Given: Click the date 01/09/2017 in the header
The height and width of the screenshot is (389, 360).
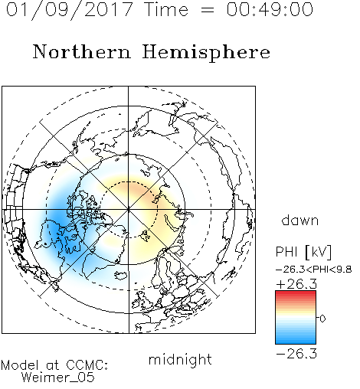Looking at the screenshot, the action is (x=70, y=9).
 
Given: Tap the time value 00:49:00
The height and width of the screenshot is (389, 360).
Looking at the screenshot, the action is (x=270, y=9).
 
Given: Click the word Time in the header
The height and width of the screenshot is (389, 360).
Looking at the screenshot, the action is (x=166, y=9).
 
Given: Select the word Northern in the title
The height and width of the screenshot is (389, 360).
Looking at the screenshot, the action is (x=82, y=51).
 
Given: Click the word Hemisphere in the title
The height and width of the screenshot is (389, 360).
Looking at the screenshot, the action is (x=206, y=53).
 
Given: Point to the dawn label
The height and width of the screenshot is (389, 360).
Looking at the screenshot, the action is (x=300, y=220).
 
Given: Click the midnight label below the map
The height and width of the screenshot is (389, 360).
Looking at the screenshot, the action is (x=180, y=360).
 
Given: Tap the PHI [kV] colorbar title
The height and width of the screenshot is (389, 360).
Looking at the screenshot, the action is (x=303, y=252).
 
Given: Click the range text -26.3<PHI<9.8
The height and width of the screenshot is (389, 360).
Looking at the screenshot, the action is (x=314, y=270).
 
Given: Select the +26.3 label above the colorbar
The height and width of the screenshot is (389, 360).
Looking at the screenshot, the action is (x=296, y=284).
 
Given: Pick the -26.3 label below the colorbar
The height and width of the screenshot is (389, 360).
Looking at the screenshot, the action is (x=296, y=354).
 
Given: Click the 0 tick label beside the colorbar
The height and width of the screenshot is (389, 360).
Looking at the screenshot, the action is (x=322, y=319).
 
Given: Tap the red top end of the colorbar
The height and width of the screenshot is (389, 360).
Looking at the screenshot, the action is (x=296, y=293).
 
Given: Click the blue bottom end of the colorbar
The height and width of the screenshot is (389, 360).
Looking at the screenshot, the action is (x=296, y=342).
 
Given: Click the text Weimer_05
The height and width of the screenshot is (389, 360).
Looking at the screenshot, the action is (x=58, y=378).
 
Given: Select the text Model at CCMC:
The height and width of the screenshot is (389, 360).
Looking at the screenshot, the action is (x=54, y=365).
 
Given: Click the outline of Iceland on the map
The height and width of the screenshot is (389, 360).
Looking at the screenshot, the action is (x=120, y=276).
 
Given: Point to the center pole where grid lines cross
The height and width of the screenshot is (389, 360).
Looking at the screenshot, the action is (x=129, y=209).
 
